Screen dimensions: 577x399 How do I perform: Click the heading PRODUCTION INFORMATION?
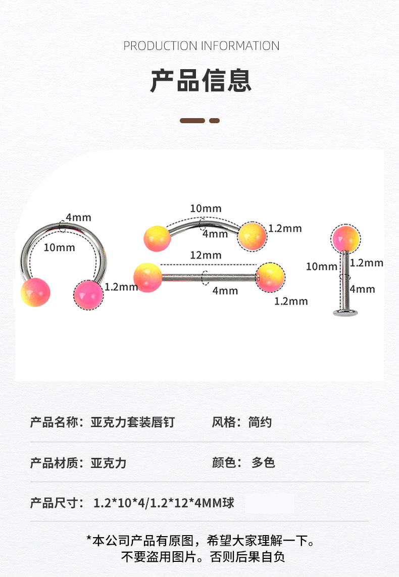click(x=201, y=46)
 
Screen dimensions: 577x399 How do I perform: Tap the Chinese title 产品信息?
click(x=201, y=81)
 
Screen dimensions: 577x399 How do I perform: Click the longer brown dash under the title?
click(x=192, y=121)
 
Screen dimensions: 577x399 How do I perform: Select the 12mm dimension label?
click(x=206, y=255)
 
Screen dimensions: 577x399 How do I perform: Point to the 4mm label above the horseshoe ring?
click(x=78, y=218)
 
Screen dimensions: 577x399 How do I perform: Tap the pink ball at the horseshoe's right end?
click(x=88, y=295)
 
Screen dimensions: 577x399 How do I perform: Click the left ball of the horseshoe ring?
click(x=35, y=292)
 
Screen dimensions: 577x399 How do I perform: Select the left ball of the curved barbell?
click(x=157, y=239)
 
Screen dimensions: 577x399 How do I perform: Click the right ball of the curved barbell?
click(x=252, y=235)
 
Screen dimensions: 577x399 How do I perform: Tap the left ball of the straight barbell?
click(x=147, y=278)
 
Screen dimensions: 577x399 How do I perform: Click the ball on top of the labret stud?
click(x=346, y=239)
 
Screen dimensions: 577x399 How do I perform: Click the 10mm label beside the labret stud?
click(x=321, y=266)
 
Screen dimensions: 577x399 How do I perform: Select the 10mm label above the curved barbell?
click(x=206, y=208)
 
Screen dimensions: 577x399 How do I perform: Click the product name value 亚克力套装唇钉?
click(x=133, y=422)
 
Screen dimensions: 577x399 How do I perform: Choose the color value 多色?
click(x=263, y=462)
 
